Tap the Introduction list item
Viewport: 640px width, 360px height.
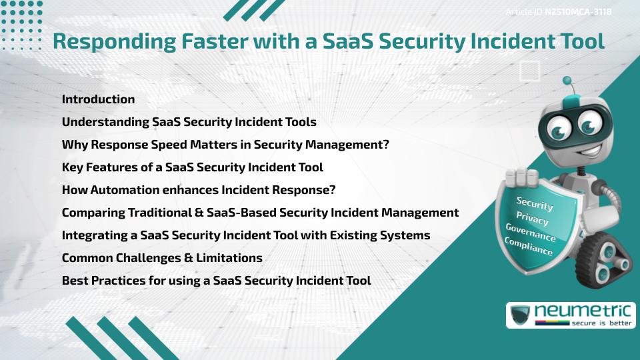(98, 99)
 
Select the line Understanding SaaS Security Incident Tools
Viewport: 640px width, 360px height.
(189, 122)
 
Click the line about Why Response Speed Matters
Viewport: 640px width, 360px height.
(225, 145)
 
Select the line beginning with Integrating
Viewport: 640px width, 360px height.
(245, 235)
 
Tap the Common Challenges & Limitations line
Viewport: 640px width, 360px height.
(162, 258)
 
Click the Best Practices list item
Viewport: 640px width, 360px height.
(216, 281)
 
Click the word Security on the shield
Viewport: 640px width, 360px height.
(534, 204)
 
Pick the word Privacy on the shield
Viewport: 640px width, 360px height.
(532, 219)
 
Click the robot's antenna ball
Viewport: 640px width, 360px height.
(568, 81)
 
